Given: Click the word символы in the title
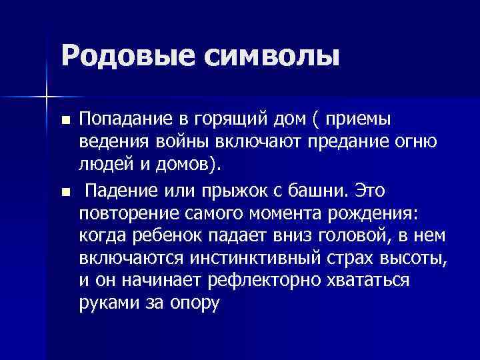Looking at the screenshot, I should (271, 55).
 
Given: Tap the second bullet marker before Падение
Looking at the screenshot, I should (65, 193).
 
